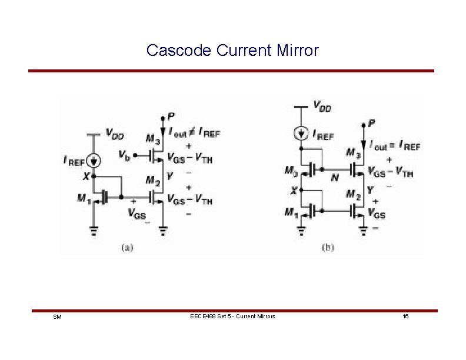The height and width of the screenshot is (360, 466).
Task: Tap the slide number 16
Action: point(406,316)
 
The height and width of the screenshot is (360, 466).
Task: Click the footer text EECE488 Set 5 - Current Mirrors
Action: point(232,316)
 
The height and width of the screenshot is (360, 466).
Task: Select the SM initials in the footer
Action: point(57,317)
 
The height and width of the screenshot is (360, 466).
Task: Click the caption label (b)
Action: point(328,248)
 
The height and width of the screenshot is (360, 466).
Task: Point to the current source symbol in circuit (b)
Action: point(301,134)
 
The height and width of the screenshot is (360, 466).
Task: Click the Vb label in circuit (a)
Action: point(124,155)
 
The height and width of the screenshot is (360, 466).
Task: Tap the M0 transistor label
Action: point(291,171)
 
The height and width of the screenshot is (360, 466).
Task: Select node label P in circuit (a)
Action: point(171,116)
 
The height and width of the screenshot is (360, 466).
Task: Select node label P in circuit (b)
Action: point(371,123)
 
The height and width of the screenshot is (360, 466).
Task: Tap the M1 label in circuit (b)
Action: point(291,212)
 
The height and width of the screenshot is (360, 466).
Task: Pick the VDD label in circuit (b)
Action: point(322,106)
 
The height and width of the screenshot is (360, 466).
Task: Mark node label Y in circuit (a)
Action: point(171,176)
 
